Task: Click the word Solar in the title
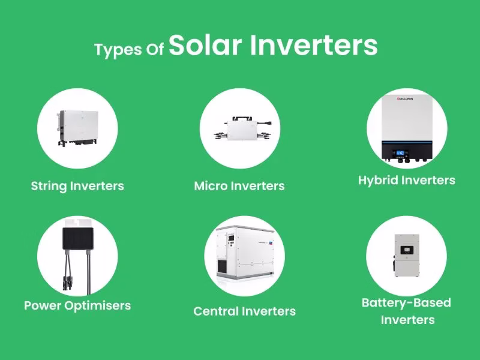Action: (x=206, y=46)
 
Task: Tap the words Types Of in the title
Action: (x=129, y=50)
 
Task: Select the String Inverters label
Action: (x=77, y=185)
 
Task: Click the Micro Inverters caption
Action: (x=239, y=185)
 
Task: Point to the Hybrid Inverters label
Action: (x=407, y=180)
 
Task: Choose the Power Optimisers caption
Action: (x=77, y=305)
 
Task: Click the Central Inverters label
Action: (x=244, y=311)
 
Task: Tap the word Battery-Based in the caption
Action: (x=406, y=302)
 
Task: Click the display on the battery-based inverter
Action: (x=408, y=245)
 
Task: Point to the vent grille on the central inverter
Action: (x=224, y=265)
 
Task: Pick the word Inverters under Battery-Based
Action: (x=407, y=320)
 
